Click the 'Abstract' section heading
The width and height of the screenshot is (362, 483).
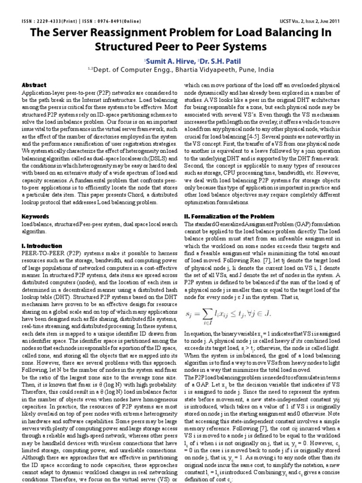[x=34, y=85]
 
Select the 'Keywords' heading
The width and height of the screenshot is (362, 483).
[x=36, y=217]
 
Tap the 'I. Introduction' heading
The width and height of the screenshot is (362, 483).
[x=42, y=246]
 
